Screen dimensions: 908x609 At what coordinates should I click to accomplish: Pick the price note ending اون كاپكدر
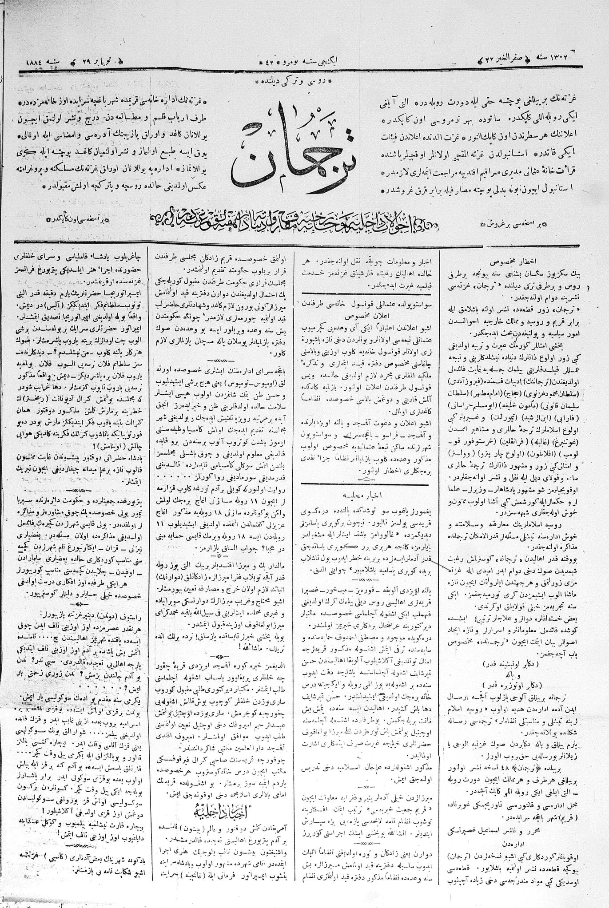tap(78, 219)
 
